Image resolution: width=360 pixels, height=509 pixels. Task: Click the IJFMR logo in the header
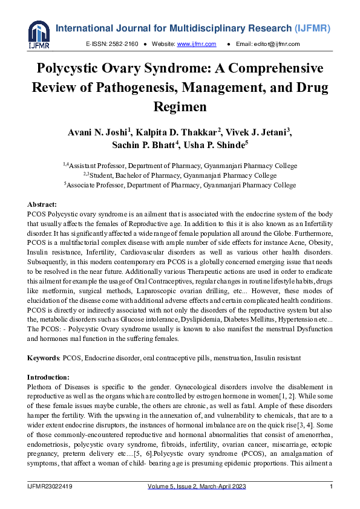39,34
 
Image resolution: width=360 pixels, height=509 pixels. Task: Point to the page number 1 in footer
331,487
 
